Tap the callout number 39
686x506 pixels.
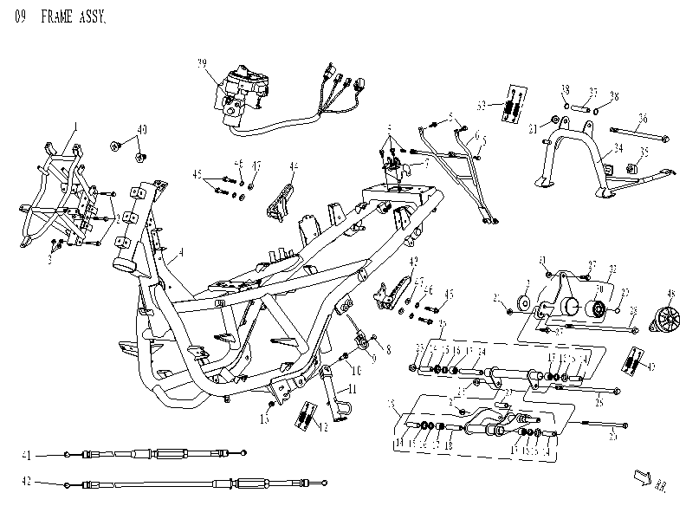click(202, 63)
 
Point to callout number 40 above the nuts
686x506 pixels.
click(142, 129)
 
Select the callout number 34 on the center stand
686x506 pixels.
click(618, 147)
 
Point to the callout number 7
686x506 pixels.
click(426, 163)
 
